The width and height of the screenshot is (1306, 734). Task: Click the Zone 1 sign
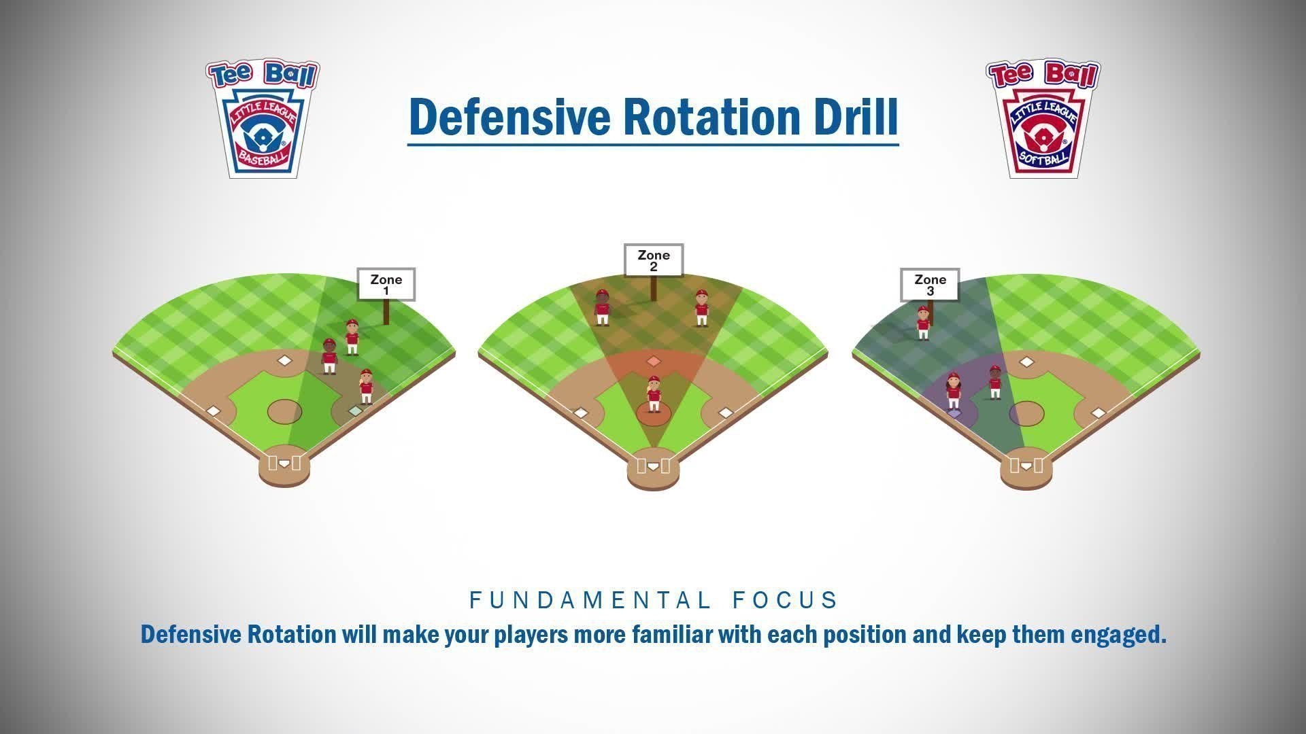tap(386, 285)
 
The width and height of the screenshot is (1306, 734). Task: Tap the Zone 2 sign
tap(654, 260)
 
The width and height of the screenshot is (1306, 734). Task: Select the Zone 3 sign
tap(930, 285)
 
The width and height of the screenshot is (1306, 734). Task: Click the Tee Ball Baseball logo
tap(263, 119)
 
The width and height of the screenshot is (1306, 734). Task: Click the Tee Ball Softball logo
tap(1043, 119)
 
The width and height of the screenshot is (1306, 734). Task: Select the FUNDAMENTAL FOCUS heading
tap(654, 600)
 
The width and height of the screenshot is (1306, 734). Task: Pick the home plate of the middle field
tap(653, 467)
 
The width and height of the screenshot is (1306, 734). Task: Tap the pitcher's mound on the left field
tap(284, 411)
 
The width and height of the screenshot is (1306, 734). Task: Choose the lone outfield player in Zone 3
tap(923, 322)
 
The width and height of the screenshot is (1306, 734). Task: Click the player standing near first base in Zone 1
tap(366, 386)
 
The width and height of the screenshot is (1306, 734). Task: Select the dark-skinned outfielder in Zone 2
tap(602, 307)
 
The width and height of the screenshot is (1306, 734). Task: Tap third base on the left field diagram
tap(214, 411)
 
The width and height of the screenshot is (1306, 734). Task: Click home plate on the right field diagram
tap(1026, 466)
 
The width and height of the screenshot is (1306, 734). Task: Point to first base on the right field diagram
tap(1098, 413)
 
